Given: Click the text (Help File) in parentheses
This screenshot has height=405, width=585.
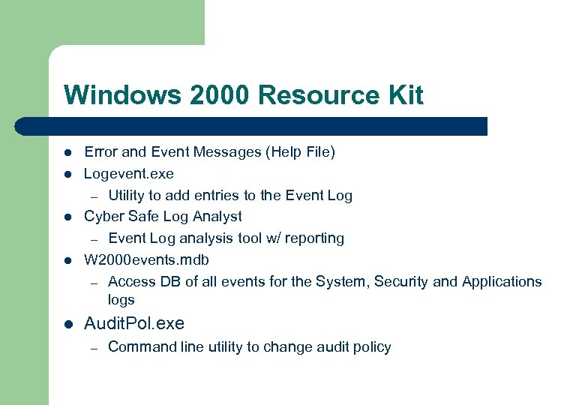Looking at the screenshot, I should [x=300, y=152].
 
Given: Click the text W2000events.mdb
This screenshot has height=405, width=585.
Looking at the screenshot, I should [x=146, y=260].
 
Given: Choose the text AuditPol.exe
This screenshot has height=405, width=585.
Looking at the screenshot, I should [x=134, y=324].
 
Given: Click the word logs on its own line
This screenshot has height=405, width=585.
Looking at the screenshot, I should [x=121, y=300].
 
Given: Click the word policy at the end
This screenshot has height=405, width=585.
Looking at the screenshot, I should [x=372, y=347].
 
